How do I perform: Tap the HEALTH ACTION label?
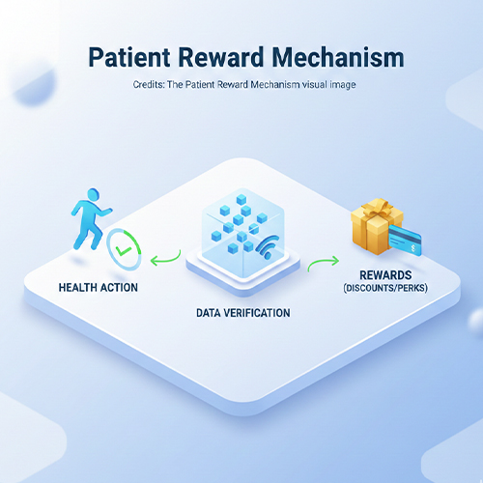pyautogui.click(x=99, y=288)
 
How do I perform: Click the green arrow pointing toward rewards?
pyautogui.click(x=324, y=263)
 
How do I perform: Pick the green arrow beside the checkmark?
pyautogui.click(x=166, y=256)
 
